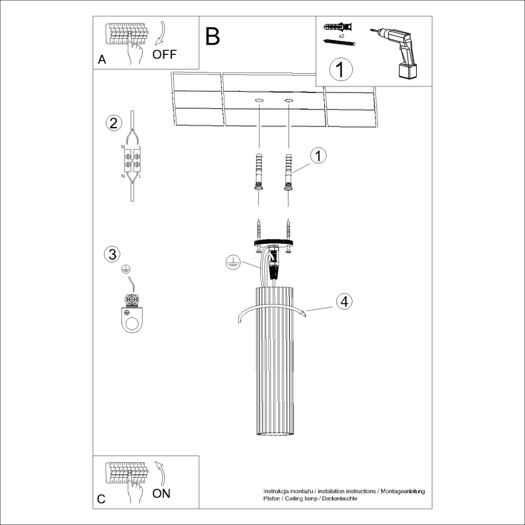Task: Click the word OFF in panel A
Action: click(x=165, y=54)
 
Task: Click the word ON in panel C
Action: click(x=161, y=494)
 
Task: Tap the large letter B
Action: click(x=212, y=37)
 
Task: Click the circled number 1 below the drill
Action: click(x=341, y=70)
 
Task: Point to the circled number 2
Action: click(x=112, y=123)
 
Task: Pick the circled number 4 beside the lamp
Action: click(x=343, y=301)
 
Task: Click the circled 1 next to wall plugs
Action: click(x=318, y=155)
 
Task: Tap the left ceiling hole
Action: click(x=259, y=99)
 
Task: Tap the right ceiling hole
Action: click(x=289, y=99)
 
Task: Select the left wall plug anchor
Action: click(x=259, y=173)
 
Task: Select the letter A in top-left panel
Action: click(x=101, y=60)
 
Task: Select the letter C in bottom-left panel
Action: click(x=101, y=499)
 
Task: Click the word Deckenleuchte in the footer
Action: click(x=337, y=498)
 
